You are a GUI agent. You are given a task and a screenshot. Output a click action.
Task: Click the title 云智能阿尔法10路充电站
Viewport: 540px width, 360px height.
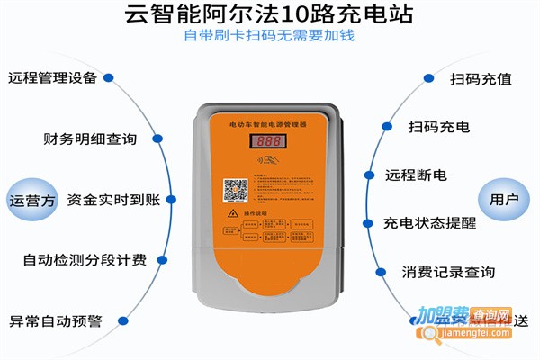(x=270, y=15)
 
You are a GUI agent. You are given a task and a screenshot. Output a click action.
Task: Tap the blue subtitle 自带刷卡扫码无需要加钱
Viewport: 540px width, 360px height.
(x=270, y=37)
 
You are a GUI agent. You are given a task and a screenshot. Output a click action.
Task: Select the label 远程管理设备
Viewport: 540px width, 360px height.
(x=52, y=77)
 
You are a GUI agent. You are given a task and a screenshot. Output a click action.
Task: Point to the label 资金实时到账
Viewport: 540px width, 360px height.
(x=113, y=199)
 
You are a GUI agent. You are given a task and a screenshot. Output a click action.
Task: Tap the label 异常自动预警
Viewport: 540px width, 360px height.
(x=56, y=320)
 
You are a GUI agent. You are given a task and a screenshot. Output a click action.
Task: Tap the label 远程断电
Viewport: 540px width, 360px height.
(x=415, y=175)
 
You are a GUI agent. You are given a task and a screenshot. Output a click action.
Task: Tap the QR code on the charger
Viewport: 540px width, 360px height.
(x=236, y=191)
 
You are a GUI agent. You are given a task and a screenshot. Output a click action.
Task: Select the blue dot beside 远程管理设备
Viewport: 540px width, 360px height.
(x=109, y=77)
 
